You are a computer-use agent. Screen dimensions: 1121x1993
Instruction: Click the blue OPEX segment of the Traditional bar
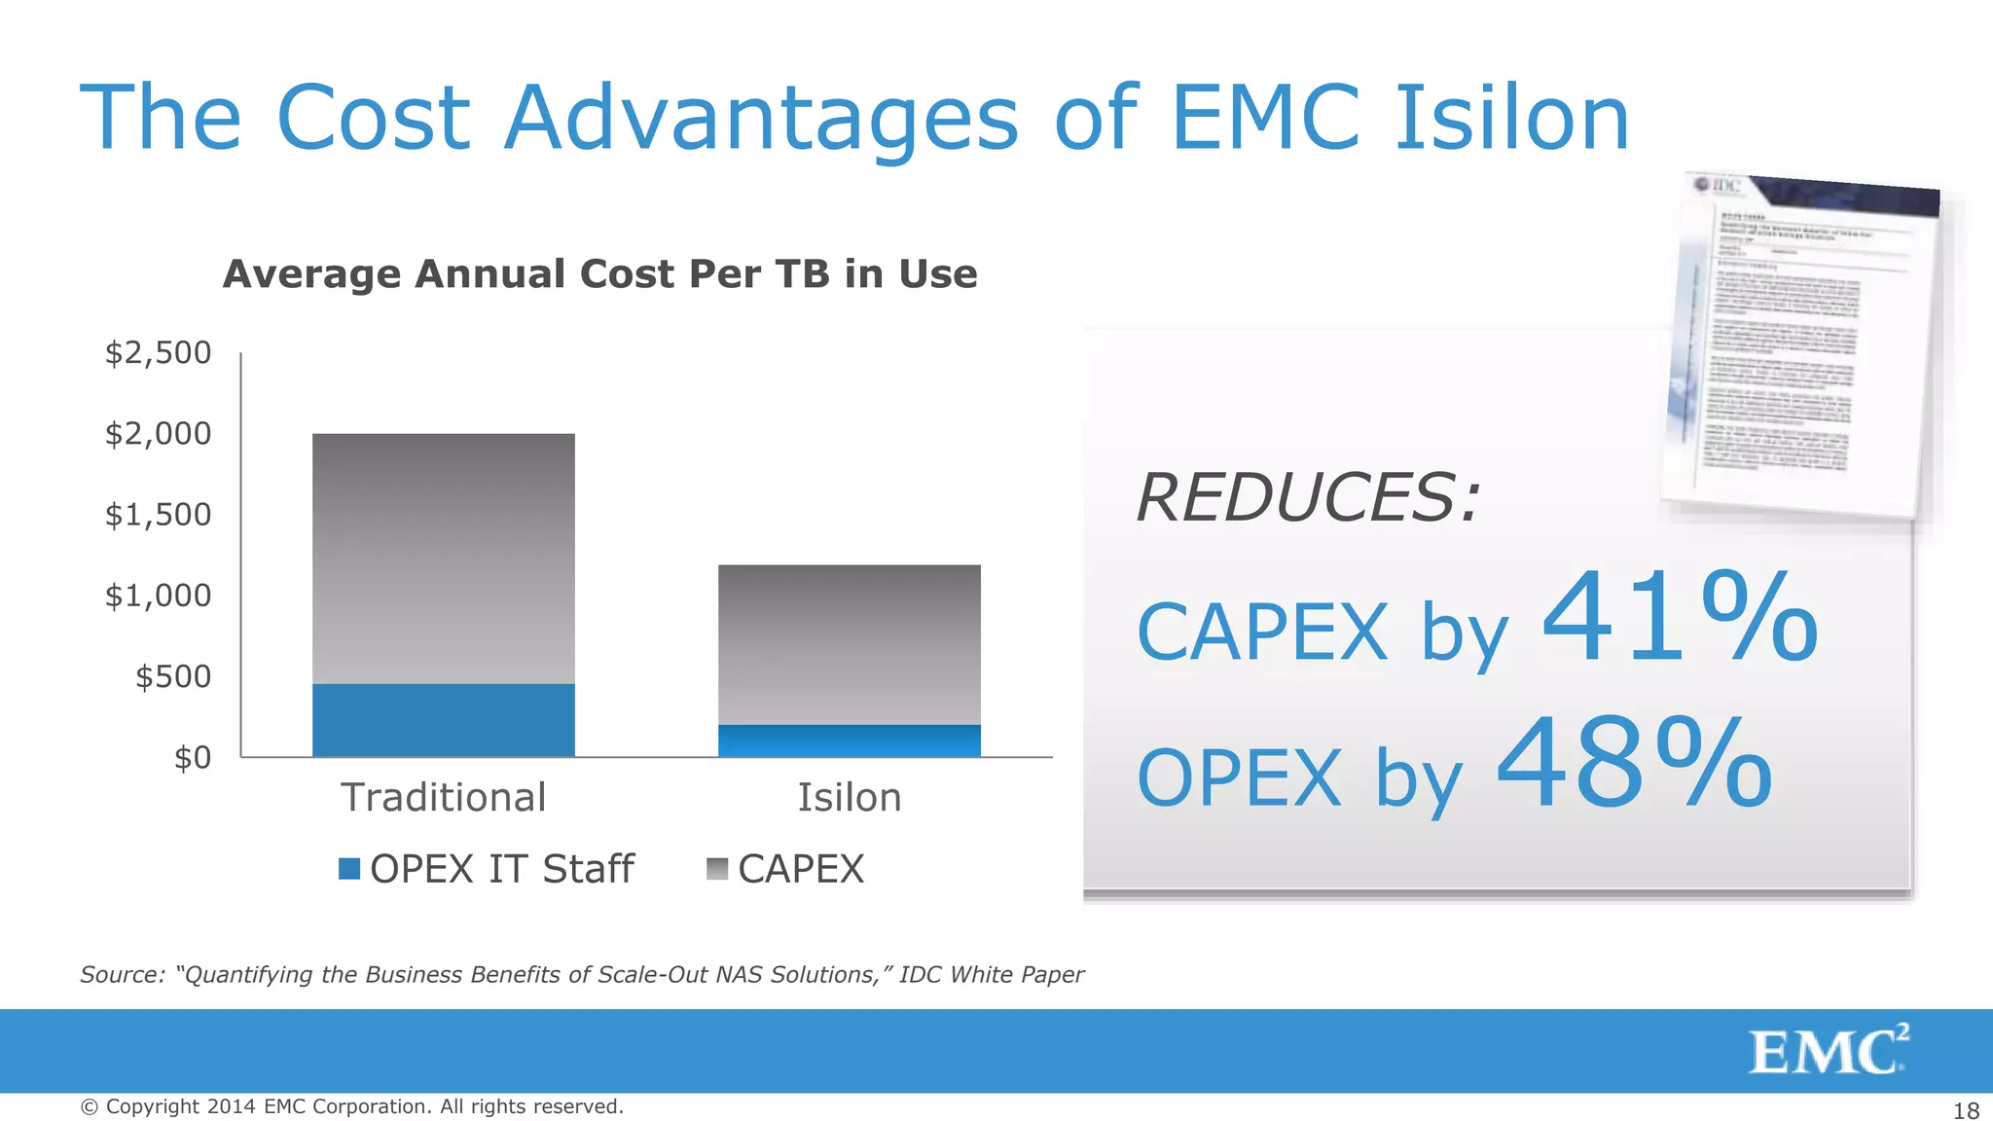tap(443, 720)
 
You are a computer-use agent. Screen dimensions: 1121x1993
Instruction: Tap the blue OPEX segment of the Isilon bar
tap(849, 741)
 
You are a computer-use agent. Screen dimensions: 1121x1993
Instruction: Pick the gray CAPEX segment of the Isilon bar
tap(849, 644)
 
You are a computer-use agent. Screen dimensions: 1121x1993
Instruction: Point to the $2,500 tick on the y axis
tap(158, 352)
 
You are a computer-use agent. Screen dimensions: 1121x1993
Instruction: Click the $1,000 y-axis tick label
tap(158, 596)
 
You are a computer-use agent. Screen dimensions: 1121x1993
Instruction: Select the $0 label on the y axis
tap(192, 757)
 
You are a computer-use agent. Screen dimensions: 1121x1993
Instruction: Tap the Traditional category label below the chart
tap(443, 798)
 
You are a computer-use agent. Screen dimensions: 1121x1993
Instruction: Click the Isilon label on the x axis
tap(849, 798)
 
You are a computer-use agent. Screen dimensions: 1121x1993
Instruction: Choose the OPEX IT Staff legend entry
tap(487, 869)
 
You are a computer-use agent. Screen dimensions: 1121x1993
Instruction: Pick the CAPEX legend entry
tap(786, 869)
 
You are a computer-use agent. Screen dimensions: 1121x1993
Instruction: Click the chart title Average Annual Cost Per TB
tap(599, 274)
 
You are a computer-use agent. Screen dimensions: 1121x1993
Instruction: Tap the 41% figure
tap(1679, 620)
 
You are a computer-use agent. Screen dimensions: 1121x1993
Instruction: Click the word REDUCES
tap(1307, 498)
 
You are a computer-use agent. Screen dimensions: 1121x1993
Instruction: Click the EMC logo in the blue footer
tap(1828, 1050)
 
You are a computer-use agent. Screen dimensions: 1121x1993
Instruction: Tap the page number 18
tap(1966, 1110)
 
